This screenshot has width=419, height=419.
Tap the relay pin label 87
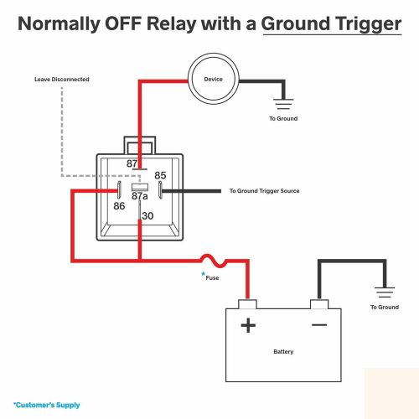click(132, 163)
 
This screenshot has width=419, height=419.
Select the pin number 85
click(160, 175)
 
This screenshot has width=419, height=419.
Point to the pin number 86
click(119, 206)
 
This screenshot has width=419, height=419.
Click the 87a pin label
click(140, 196)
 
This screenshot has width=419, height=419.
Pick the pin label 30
click(147, 216)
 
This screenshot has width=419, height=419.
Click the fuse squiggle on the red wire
click(214, 261)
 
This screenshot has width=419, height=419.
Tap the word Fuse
click(212, 278)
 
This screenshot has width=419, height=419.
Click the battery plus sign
click(248, 325)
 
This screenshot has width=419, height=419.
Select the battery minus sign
click(319, 325)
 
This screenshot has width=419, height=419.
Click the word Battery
click(283, 352)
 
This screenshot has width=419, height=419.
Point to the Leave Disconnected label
click(62, 80)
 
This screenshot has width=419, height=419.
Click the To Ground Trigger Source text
click(265, 191)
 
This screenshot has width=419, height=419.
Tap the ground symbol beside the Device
click(283, 104)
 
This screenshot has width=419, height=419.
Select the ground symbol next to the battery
click(385, 292)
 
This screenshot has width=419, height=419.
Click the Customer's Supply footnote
click(47, 405)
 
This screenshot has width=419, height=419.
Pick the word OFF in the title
click(122, 23)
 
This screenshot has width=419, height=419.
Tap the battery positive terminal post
click(247, 304)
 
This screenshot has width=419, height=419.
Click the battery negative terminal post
click(319, 304)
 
